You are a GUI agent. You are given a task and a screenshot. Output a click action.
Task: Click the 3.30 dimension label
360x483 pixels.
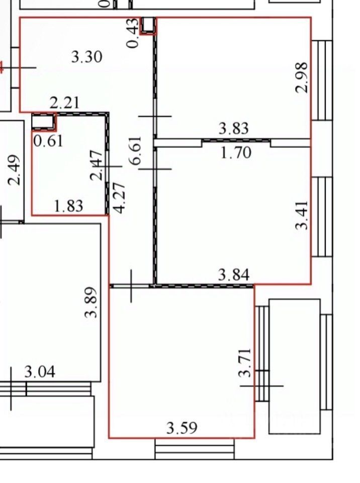[87, 56]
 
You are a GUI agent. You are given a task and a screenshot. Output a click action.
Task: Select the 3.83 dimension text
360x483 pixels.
[233, 129]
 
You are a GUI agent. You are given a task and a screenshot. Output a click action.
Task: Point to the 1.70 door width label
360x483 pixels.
[236, 152]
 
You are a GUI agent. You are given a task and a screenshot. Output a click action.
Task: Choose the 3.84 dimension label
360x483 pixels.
[233, 275]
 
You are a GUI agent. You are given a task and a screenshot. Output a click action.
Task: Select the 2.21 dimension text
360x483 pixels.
[65, 103]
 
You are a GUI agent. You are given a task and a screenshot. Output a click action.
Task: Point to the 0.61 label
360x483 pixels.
[48, 140]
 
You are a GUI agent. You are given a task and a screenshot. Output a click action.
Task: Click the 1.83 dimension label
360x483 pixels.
[68, 206]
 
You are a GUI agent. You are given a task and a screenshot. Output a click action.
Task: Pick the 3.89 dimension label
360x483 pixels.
[91, 302]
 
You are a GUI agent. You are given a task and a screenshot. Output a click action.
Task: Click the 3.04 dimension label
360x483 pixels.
[40, 372]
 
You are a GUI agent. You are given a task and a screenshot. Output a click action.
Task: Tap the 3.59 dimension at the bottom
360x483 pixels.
[182, 428]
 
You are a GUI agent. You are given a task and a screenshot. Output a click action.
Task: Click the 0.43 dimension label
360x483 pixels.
[133, 33]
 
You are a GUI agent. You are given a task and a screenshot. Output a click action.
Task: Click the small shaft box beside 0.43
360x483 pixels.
[148, 25]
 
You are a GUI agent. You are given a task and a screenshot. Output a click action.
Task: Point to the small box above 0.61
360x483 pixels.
[43, 121]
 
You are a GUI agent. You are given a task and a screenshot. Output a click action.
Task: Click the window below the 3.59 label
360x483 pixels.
[195, 448]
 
